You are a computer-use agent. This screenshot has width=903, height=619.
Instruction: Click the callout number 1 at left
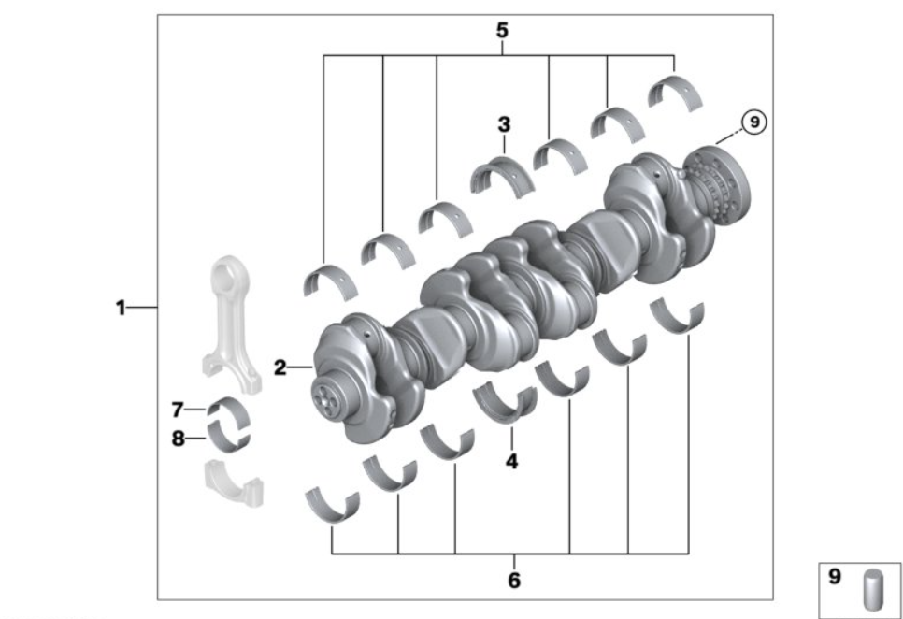tap(121, 308)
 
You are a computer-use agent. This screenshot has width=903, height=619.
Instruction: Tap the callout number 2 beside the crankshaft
tap(279, 367)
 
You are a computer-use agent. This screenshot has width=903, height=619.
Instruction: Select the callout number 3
tap(504, 124)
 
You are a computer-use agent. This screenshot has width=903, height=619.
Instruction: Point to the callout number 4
tap(511, 461)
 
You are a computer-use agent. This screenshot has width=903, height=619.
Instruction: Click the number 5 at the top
tap(502, 30)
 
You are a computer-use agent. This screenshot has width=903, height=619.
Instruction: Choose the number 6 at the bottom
tap(514, 581)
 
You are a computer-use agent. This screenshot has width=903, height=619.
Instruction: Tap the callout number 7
tap(178, 410)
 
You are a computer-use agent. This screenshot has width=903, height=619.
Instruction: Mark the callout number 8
tap(178, 439)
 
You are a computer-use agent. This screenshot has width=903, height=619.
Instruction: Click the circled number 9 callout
tap(753, 122)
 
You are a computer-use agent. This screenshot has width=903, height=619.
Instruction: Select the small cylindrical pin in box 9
tap(873, 589)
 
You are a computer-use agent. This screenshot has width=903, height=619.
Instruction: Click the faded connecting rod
tap(231, 323)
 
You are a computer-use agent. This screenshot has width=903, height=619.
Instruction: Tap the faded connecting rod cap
tap(235, 483)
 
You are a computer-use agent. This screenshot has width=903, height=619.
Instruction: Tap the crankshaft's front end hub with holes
tap(327, 398)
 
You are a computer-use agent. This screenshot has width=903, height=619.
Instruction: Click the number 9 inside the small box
tap(835, 576)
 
